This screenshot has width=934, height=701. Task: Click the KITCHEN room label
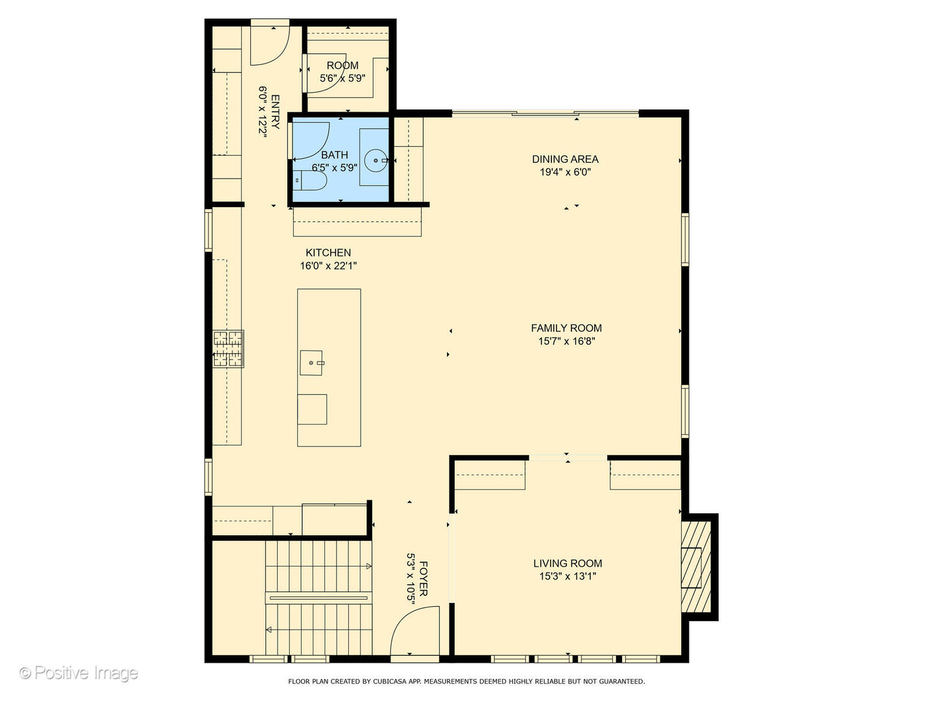[x=328, y=252]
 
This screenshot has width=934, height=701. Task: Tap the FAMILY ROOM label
[x=566, y=328]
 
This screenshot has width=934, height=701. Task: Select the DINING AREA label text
[x=565, y=159]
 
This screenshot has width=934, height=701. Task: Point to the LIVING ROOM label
[x=568, y=563]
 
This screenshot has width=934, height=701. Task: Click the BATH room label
[x=335, y=154]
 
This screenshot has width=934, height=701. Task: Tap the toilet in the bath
[x=311, y=180]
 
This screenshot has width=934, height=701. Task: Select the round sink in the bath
[x=376, y=160]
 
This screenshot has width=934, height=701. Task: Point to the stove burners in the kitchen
[x=228, y=349]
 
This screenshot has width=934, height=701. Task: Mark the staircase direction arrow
[x=269, y=630]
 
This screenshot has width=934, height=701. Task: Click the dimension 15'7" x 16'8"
[x=566, y=341]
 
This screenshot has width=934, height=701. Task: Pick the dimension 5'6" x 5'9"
[x=342, y=79]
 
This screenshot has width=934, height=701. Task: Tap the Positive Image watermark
[x=79, y=673]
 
